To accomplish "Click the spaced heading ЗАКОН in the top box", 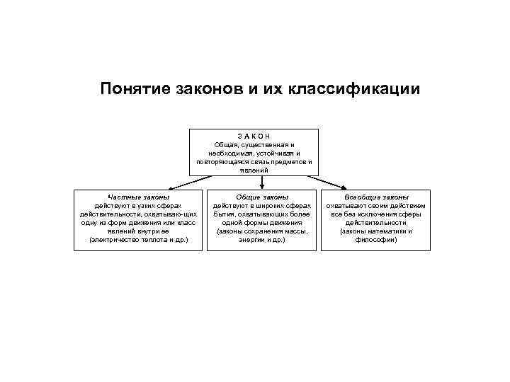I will point(254,136).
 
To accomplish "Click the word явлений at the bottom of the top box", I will point(254,170).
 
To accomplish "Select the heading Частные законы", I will point(138,197).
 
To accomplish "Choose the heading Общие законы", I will point(262,197).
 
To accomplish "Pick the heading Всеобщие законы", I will point(376,197).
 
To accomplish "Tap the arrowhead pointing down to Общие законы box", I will point(262,187).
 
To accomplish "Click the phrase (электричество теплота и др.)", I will point(138,240).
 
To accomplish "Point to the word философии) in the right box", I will point(376,240).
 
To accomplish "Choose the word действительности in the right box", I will point(376,222).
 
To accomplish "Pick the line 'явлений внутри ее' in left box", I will point(138,231).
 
